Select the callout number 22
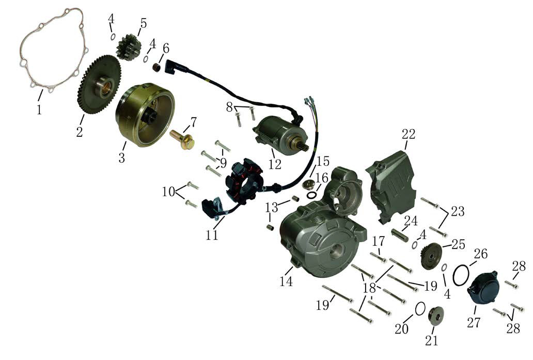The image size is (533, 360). (409, 135)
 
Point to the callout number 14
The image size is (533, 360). (286, 281)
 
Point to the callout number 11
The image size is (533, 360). (212, 235)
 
